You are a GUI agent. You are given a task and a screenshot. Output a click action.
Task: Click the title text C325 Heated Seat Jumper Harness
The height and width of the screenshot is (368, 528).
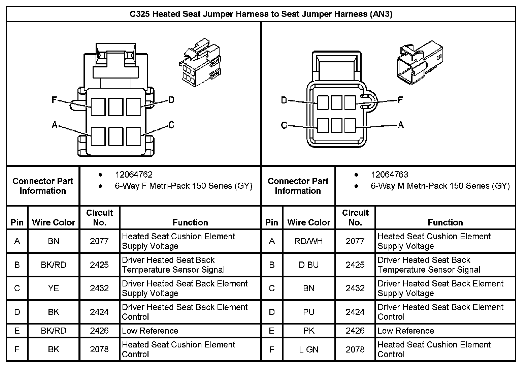[x=261, y=14]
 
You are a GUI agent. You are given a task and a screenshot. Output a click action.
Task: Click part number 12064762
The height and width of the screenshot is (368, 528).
[x=134, y=175]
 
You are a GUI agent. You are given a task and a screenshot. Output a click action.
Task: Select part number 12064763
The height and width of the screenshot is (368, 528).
[x=389, y=175]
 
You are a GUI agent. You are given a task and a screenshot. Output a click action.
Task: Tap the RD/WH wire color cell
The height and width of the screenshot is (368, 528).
[x=309, y=241]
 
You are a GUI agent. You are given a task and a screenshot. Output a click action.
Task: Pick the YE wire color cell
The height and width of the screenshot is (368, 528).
[x=54, y=288]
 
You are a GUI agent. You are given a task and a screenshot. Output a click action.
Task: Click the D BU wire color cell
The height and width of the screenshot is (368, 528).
[x=309, y=265]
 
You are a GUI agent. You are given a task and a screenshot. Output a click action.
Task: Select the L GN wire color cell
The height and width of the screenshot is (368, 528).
[x=309, y=349]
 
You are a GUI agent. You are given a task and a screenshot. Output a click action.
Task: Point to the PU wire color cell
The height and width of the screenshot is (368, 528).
[x=309, y=312]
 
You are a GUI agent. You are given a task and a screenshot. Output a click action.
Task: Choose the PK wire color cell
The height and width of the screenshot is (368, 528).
[x=309, y=331]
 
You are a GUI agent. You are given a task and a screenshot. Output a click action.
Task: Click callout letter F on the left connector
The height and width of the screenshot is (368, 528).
[x=54, y=100]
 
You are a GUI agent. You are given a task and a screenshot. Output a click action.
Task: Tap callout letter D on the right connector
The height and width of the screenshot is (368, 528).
[x=284, y=100]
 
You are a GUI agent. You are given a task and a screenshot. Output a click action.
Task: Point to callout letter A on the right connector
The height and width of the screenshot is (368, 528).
[x=401, y=125]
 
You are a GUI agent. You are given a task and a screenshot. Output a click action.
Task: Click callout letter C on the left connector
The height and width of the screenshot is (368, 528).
[x=171, y=125]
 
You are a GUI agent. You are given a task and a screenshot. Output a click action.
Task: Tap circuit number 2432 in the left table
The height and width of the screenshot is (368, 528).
[x=99, y=288]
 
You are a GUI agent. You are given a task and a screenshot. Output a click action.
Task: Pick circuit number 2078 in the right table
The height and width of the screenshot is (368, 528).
[x=355, y=349]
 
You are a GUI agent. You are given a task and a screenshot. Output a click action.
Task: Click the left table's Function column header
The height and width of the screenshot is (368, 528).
[x=190, y=222]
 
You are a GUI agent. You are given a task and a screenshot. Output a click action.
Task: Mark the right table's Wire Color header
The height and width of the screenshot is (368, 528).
[x=309, y=222]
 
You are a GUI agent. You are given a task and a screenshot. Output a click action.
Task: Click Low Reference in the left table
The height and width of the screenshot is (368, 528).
[x=150, y=331]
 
